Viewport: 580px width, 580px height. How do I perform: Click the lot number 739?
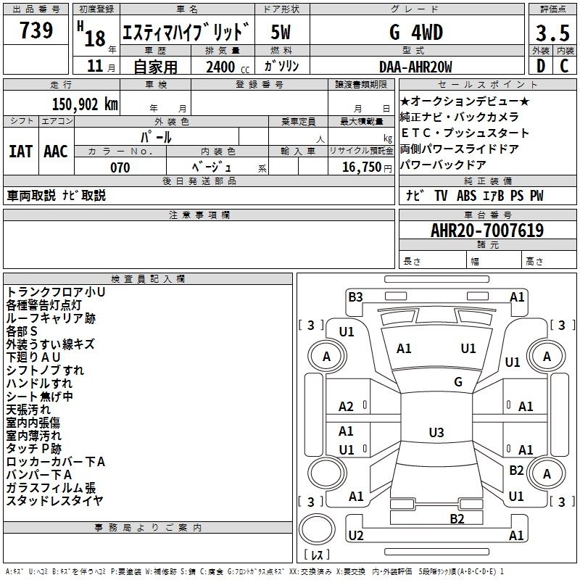coord(36,31)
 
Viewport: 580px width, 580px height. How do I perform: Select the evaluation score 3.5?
coord(552,33)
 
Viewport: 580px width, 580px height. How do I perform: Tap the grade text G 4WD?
coord(415,33)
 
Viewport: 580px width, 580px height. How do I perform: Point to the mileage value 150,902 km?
coord(84,104)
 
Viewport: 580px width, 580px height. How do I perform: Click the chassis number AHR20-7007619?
coord(486,231)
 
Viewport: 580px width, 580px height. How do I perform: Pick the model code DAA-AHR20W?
coord(415,67)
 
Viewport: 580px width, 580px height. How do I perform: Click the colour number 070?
coord(120,167)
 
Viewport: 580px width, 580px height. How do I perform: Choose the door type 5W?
coord(281,33)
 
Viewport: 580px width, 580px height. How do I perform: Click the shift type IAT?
coord(21,151)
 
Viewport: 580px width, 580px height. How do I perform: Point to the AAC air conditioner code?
coord(56,151)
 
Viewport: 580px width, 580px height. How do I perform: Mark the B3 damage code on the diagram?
coord(355,296)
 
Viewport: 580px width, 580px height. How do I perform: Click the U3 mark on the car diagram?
coord(436,433)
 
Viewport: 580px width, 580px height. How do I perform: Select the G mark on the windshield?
coord(457,381)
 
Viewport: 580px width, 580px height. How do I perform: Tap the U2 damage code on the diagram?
coord(355,536)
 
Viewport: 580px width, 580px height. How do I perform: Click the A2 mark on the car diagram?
coord(347,407)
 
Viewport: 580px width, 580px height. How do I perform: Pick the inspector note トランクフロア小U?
coord(56,291)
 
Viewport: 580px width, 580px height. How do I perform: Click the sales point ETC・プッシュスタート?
coord(465,133)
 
